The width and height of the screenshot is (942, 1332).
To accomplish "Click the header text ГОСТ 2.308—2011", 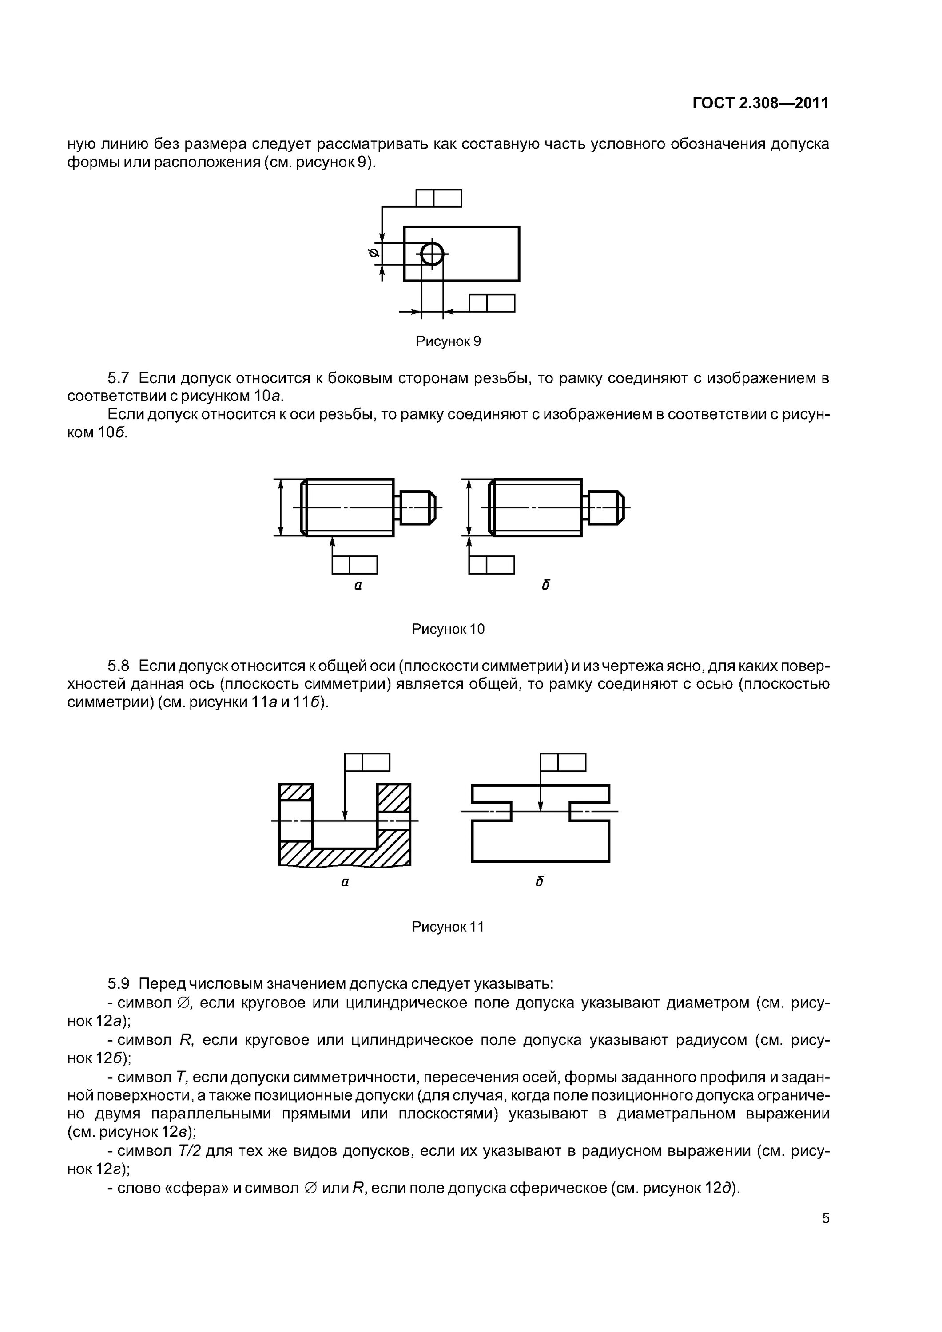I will (x=760, y=103).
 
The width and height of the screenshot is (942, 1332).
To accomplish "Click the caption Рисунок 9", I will (x=448, y=341).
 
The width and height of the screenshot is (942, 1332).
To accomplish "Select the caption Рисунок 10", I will (x=448, y=629).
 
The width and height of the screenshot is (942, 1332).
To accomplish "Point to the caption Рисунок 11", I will (x=448, y=927).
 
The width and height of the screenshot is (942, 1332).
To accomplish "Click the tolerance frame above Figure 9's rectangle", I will (x=439, y=198).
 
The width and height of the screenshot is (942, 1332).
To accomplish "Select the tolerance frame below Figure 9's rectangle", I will (x=492, y=303).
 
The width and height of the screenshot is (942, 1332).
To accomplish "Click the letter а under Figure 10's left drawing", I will (x=358, y=586).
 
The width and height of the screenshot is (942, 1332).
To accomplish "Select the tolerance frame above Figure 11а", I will (x=367, y=762).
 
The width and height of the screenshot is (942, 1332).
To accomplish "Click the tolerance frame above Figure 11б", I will (x=563, y=762).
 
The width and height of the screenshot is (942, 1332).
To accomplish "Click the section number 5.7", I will (x=119, y=379).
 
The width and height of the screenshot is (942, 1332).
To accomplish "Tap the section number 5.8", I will (x=119, y=666).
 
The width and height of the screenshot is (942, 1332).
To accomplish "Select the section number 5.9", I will (x=119, y=984).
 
